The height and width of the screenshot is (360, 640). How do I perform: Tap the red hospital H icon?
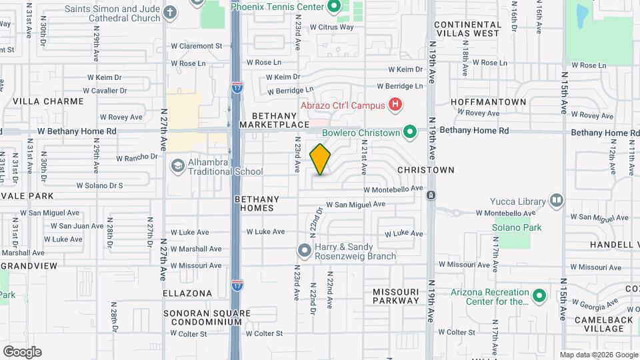pos(396,105)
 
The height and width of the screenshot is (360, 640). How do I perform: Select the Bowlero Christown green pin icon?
pos(410,133)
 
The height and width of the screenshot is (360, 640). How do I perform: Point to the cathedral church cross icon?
pos(170,12)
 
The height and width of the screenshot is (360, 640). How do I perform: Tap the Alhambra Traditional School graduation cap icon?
pos(177,165)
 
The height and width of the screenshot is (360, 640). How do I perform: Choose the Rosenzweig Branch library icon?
pos(304,251)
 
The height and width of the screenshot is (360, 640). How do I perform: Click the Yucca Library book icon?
pos(556,200)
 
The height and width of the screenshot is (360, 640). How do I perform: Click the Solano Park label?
pos(517,227)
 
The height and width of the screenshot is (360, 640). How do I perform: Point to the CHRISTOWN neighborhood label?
pos(425,170)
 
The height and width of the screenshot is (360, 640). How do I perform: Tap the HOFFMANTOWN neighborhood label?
pos(489,101)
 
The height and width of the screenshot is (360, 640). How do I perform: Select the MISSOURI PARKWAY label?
pos(396,296)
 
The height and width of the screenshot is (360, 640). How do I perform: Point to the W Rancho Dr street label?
pos(137,158)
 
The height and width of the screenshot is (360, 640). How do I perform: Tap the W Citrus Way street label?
pos(329,27)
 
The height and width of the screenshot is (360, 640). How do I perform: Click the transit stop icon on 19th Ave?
pos(431,195)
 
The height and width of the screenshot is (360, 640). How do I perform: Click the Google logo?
pos(22,351)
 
